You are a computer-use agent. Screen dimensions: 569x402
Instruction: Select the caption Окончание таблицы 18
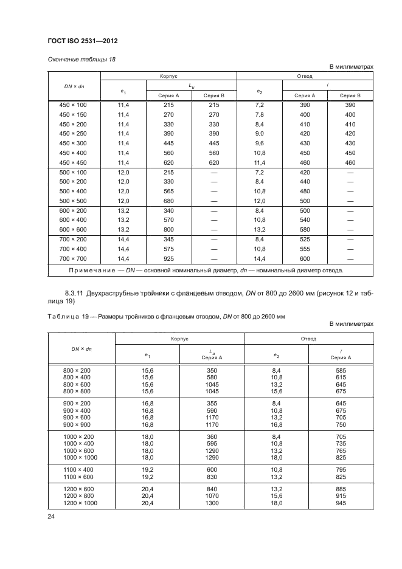click(78, 59)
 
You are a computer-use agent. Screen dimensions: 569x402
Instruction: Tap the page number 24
click(51, 517)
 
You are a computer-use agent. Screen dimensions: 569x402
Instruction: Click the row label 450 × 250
click(73, 133)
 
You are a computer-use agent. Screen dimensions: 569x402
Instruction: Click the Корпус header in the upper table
click(168, 77)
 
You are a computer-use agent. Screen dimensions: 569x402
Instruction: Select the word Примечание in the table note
click(103, 270)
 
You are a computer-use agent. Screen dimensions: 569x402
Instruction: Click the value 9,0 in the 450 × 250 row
click(259, 133)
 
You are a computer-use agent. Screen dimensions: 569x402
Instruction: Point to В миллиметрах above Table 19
click(351, 323)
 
